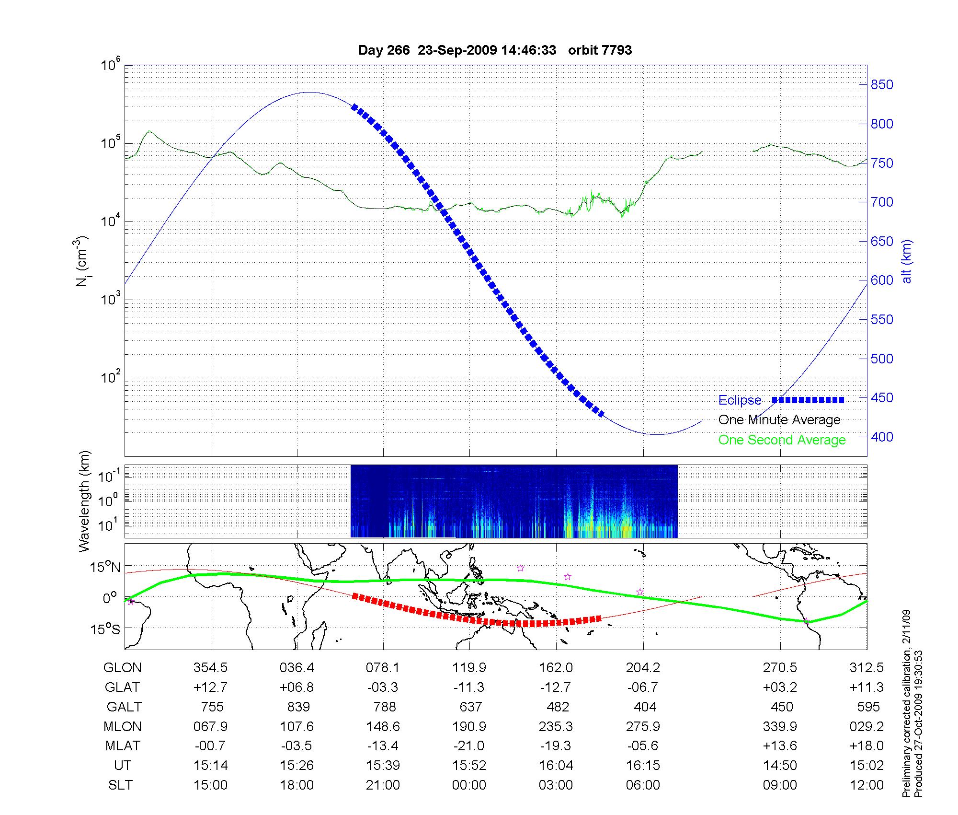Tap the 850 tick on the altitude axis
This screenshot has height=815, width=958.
881,85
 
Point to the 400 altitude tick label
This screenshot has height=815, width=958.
881,437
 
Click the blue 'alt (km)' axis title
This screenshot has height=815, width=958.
907,261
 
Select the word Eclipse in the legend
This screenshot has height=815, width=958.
740,400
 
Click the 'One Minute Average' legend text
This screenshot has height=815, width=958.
779,420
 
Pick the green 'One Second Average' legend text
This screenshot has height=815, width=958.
782,440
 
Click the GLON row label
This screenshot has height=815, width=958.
123,668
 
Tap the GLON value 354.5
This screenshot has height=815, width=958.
210,668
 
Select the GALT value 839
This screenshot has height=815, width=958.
297,707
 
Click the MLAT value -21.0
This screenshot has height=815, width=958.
469,746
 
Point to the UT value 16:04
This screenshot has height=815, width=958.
556,766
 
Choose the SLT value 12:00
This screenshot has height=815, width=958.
867,785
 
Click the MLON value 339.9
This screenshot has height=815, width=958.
780,727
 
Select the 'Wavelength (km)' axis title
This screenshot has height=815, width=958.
85,501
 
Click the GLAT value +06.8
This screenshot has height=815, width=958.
297,687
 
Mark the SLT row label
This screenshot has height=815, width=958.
121,785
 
